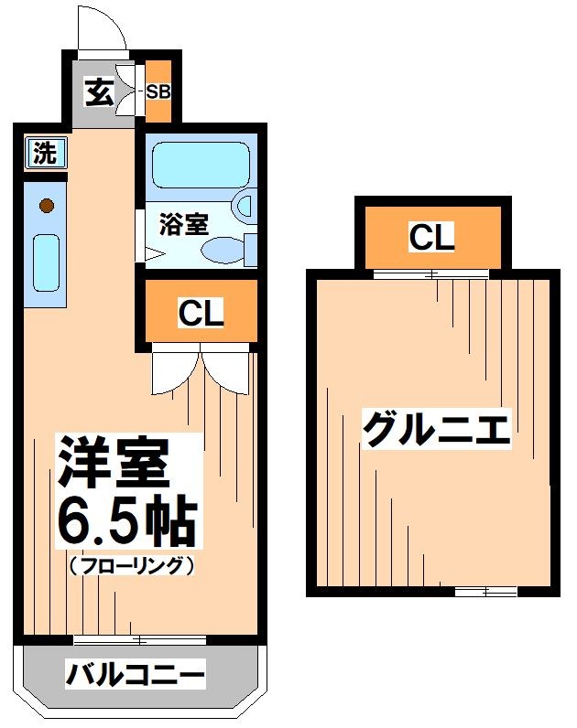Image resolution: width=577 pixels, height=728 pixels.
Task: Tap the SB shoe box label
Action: [x=158, y=91]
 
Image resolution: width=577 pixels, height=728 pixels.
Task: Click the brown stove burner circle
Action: [x=45, y=206]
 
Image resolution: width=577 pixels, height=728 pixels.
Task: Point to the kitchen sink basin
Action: [x=46, y=262]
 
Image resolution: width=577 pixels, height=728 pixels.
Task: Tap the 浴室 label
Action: [x=184, y=223]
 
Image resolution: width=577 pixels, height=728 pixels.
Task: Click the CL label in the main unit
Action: [x=200, y=314]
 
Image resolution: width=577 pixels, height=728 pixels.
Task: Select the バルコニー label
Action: [x=135, y=678]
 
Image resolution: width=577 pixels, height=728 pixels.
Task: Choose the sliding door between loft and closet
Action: [x=430, y=273]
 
